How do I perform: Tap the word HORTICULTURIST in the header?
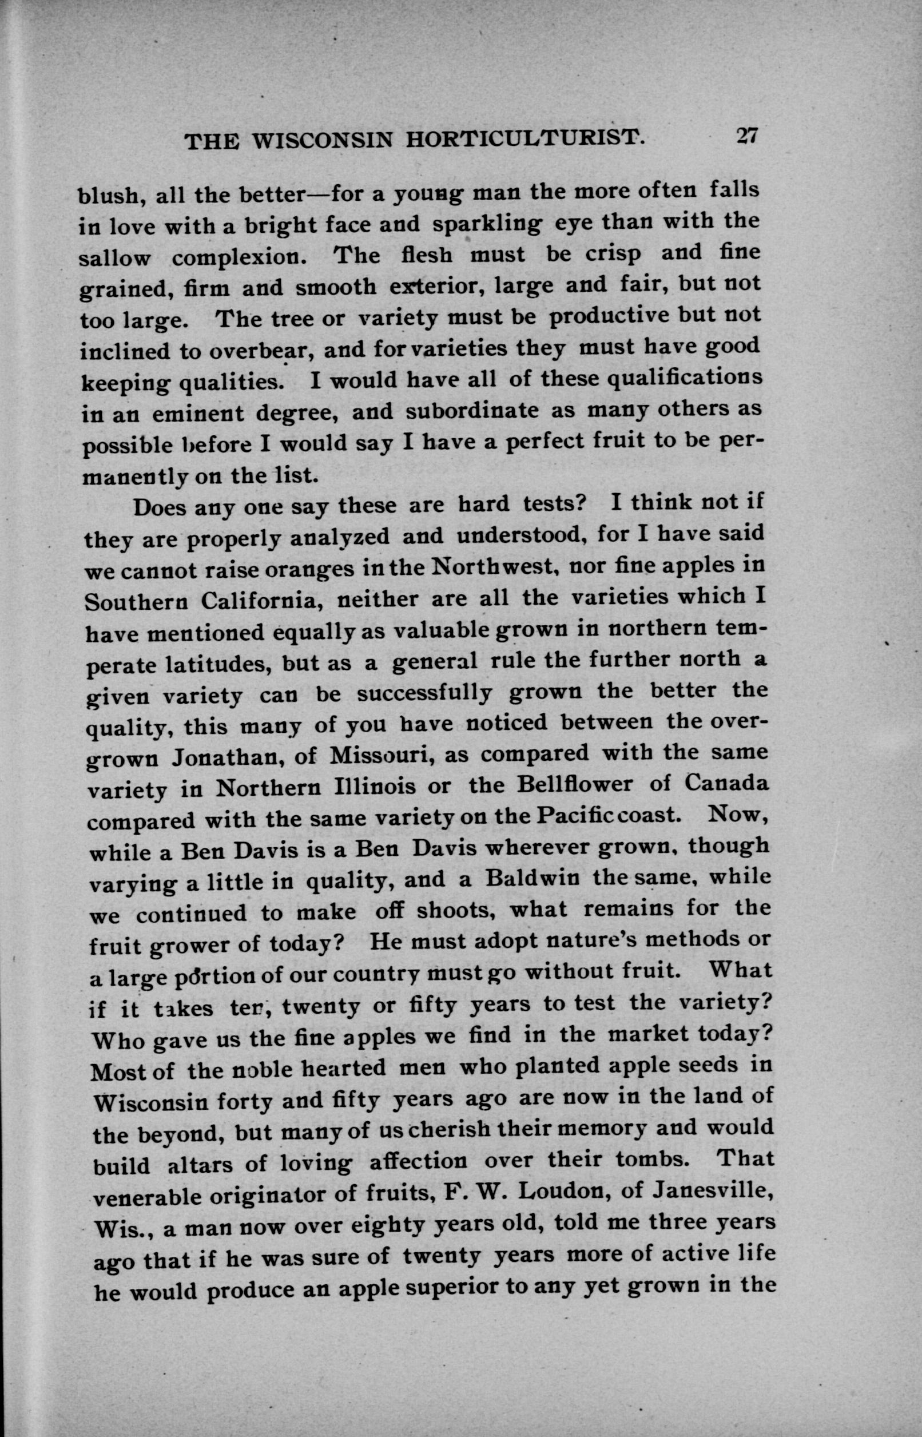[525, 140]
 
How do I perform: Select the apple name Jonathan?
[225, 759]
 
